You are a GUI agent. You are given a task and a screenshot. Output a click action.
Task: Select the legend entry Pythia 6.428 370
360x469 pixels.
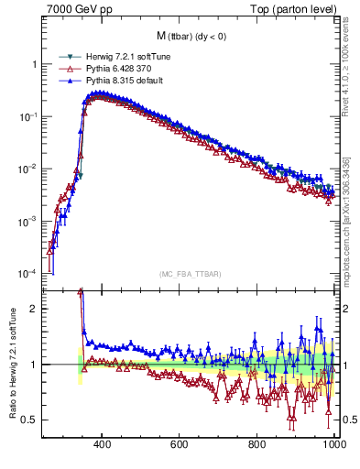[x=114, y=69]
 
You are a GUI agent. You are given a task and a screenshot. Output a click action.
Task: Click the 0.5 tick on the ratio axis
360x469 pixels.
[x=29, y=420]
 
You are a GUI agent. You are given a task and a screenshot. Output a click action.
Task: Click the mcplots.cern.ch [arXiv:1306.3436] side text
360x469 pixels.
[x=347, y=220]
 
